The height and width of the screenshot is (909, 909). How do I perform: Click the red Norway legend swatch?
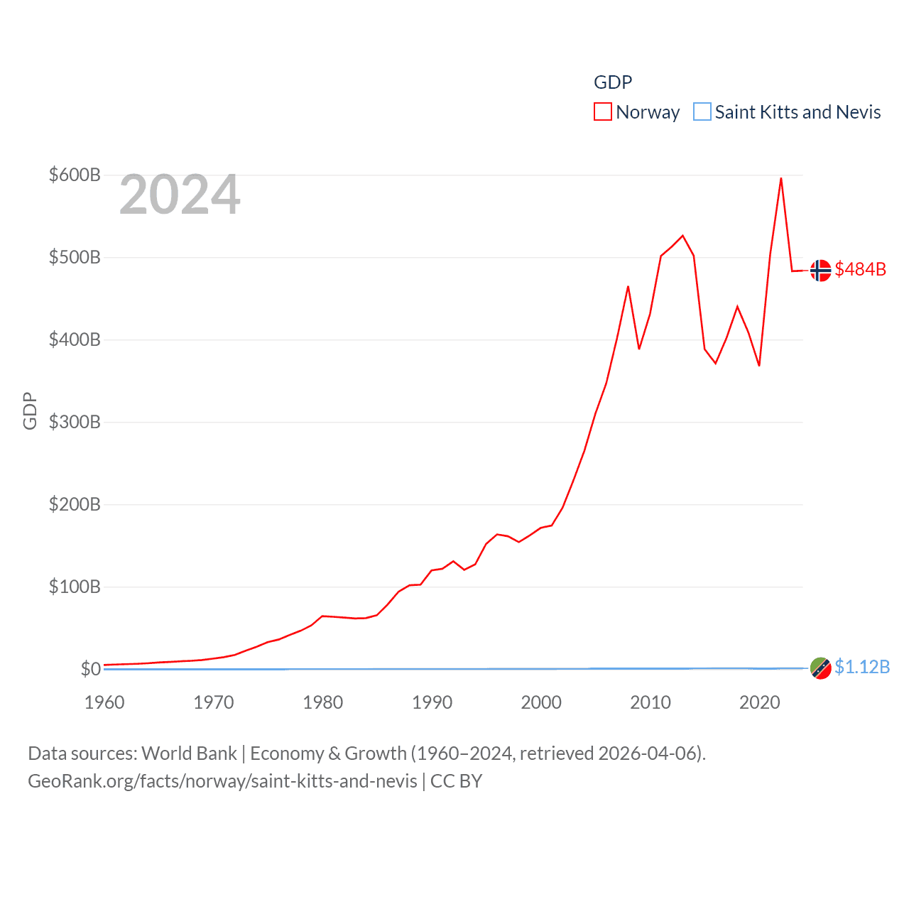pos(603,112)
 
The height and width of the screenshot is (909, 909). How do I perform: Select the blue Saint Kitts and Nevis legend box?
pos(702,112)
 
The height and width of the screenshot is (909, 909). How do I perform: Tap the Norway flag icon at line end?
pos(820,271)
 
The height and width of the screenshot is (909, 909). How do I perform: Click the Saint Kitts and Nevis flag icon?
pos(820,668)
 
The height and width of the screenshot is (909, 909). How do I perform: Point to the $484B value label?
pos(860,269)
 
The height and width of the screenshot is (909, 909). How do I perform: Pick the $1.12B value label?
pos(861,667)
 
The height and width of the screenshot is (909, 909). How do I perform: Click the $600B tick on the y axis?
pos(75,175)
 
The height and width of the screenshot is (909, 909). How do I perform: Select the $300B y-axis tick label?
pos(75,422)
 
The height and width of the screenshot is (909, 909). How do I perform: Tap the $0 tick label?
pos(90,669)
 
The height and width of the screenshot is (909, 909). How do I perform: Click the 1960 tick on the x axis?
pos(104,702)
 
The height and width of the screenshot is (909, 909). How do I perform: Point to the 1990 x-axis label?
pos(432,702)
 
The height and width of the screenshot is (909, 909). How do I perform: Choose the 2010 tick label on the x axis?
pos(651,702)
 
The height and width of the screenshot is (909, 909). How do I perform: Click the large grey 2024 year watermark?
pos(180,195)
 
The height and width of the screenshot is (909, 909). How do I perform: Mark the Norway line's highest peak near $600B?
pos(780,179)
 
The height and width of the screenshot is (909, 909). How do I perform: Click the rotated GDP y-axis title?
pos(30,410)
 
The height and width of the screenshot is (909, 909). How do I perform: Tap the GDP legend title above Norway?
pos(613,82)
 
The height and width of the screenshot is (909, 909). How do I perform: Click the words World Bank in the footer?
pos(189,753)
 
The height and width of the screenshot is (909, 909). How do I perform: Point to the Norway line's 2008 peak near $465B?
pos(628,287)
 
